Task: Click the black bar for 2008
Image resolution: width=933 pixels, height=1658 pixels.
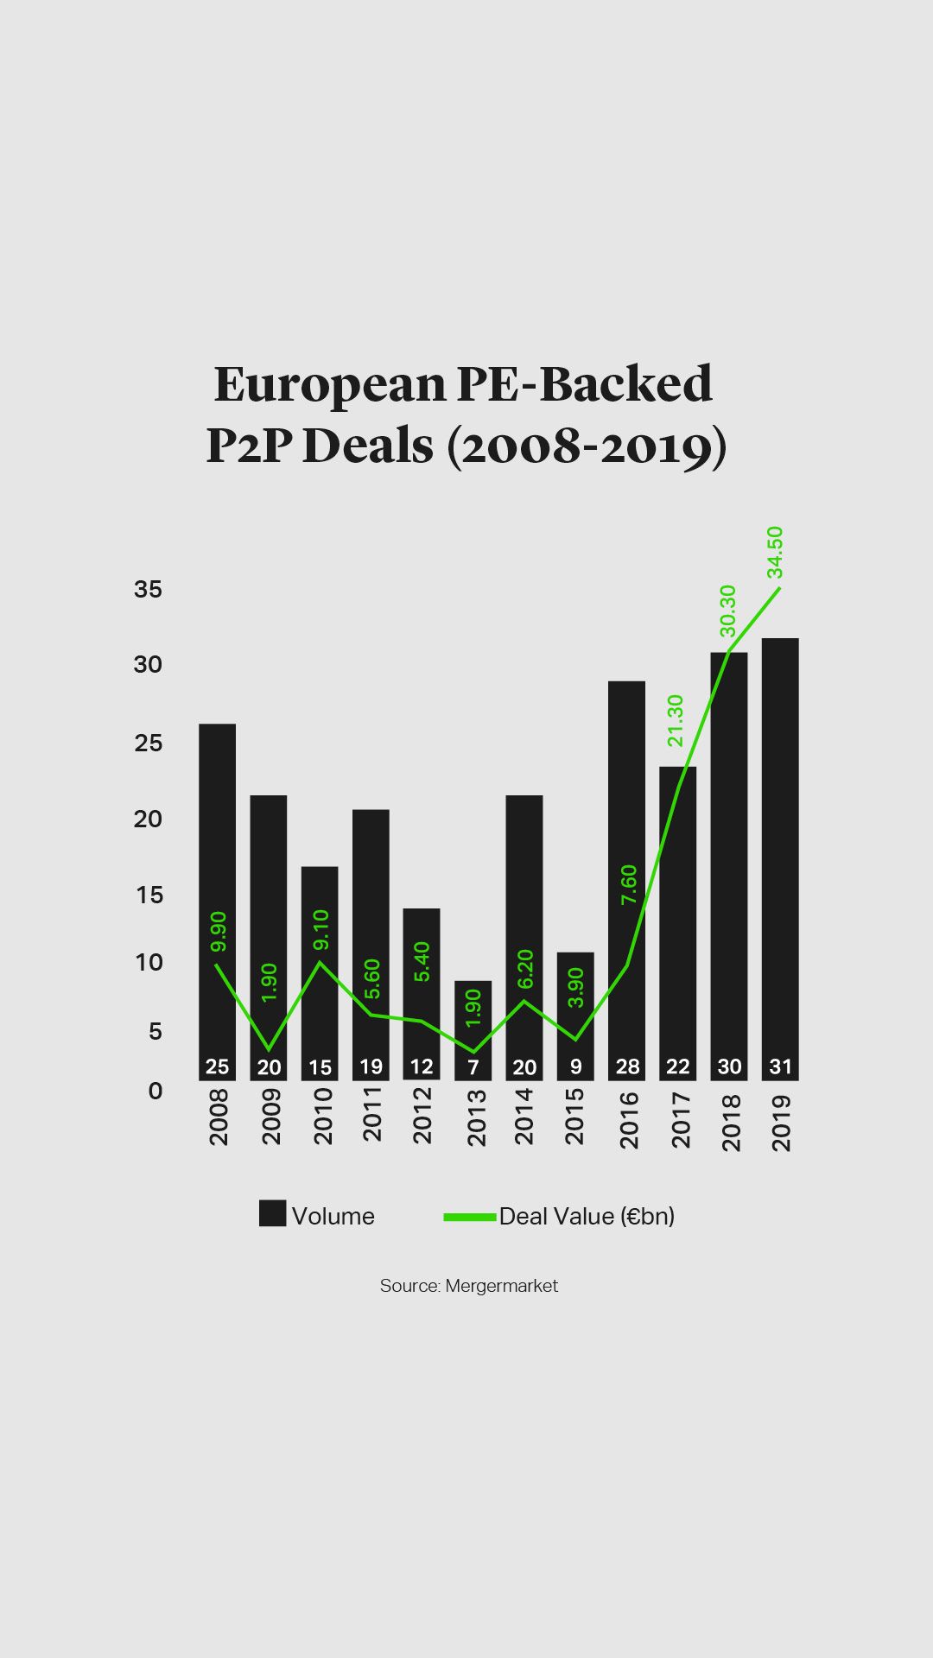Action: coord(217,898)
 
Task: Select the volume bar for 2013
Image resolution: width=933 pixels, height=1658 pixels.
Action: coord(473,1028)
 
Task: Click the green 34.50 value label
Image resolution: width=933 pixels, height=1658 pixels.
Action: coord(775,552)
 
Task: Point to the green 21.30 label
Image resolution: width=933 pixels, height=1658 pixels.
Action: coord(675,720)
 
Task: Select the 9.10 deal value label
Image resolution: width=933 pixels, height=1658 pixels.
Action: coord(321,929)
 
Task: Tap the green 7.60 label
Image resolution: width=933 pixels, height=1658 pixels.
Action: coord(628,884)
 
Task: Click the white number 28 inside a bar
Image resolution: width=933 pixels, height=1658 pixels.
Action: coord(627,1066)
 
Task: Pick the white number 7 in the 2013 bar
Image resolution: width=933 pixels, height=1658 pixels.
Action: coord(473,1067)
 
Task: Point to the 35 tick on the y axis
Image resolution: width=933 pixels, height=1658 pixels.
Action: coord(148,589)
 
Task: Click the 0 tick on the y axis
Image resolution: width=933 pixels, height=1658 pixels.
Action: coord(155,1091)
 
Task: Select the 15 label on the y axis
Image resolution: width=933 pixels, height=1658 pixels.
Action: coord(149,895)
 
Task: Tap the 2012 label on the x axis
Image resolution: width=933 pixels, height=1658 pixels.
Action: coord(422,1116)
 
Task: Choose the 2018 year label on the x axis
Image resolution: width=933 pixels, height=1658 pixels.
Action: coord(731,1122)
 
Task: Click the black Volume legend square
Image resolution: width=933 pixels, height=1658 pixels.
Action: coord(272,1213)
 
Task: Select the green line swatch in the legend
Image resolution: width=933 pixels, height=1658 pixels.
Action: coord(470,1217)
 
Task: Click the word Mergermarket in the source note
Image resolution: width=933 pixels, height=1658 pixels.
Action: coord(502,1286)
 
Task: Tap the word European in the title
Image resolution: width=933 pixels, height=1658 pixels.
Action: coord(328,385)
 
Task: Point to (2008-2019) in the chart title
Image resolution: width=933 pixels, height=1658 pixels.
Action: coord(587,447)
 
